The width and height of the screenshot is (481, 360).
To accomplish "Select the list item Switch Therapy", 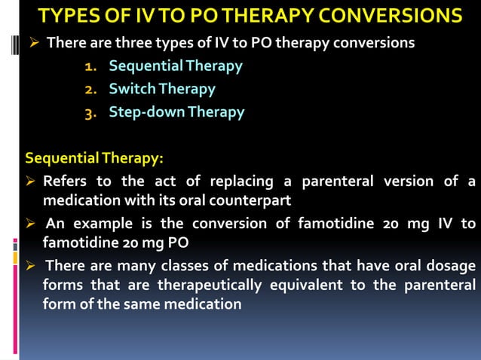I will [x=161, y=89].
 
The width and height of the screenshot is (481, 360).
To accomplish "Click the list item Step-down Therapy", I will [x=176, y=112].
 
